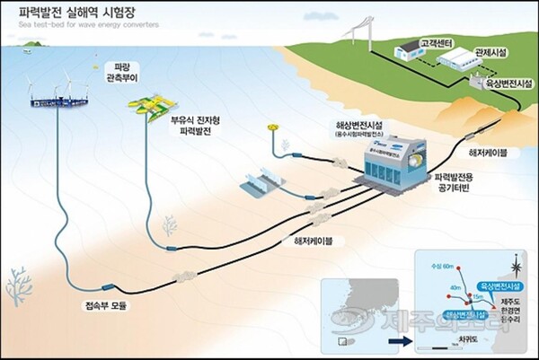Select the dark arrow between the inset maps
pyautogui.click(x=392, y=341)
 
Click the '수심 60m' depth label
pyautogui.click(x=441, y=266)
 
